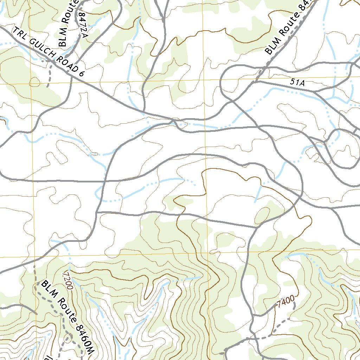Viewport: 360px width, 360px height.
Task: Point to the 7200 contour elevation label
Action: tap(67, 280)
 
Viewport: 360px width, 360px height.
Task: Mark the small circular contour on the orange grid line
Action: tap(34, 83)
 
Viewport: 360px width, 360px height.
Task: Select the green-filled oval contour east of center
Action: tap(262, 215)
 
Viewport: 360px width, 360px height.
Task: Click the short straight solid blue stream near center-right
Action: tap(258, 193)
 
